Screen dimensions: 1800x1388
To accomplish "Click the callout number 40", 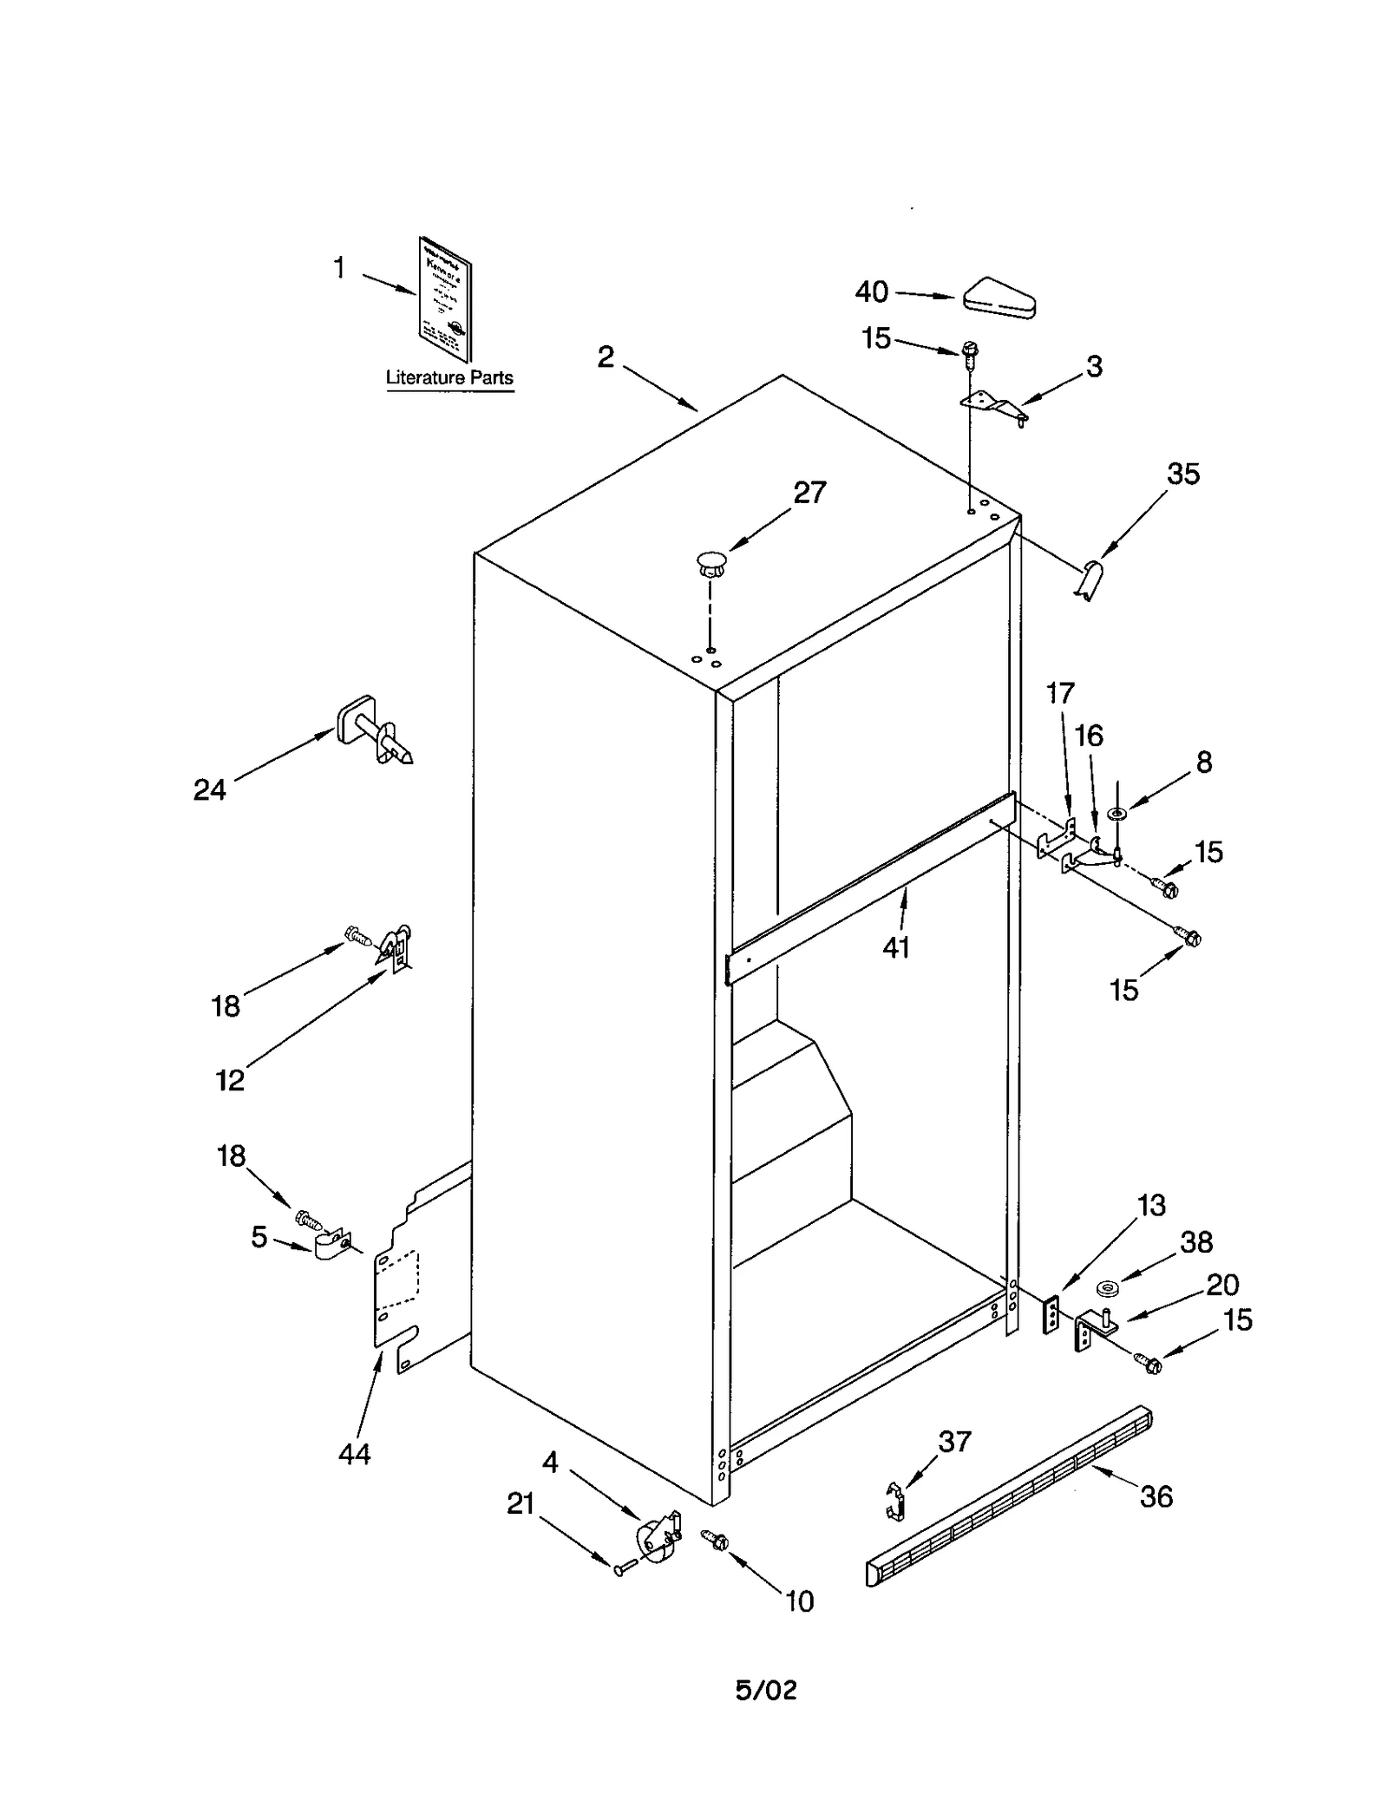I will [x=871, y=291].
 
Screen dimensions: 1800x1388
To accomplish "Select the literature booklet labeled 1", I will [x=445, y=299].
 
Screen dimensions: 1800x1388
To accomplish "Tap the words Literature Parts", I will [x=449, y=378].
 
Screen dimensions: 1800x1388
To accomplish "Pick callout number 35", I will [x=1182, y=474].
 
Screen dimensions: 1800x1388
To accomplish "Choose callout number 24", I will [x=209, y=789].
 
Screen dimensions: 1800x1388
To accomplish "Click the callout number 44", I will [x=354, y=1454].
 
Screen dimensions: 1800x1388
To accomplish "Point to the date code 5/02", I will [x=766, y=1690].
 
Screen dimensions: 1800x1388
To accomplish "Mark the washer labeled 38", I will [x=1106, y=1287].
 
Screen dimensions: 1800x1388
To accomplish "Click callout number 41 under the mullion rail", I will [x=896, y=948].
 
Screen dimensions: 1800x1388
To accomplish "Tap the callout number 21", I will [x=520, y=1503].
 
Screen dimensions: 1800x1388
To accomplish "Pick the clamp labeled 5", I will [x=331, y=1247].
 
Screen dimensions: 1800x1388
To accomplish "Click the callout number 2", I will [x=606, y=357].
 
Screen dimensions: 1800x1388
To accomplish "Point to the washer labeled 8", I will [x=1117, y=813].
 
